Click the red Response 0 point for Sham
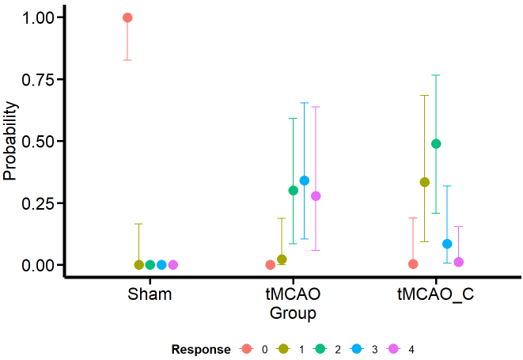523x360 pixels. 127,17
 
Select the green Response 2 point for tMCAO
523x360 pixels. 294,191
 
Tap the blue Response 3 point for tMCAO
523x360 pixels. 305,180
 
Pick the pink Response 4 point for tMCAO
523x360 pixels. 316,196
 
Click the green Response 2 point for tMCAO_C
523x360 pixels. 436,144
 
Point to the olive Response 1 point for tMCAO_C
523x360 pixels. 425,182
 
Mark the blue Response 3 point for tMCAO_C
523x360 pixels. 447,244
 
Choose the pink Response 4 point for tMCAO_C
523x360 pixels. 458,262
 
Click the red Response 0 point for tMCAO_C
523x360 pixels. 413,263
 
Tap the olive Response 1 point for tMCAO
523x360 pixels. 282,260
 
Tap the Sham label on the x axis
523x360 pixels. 150,295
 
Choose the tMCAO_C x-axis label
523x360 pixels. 436,295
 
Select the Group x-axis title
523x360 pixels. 293,314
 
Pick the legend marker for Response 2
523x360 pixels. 322,349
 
